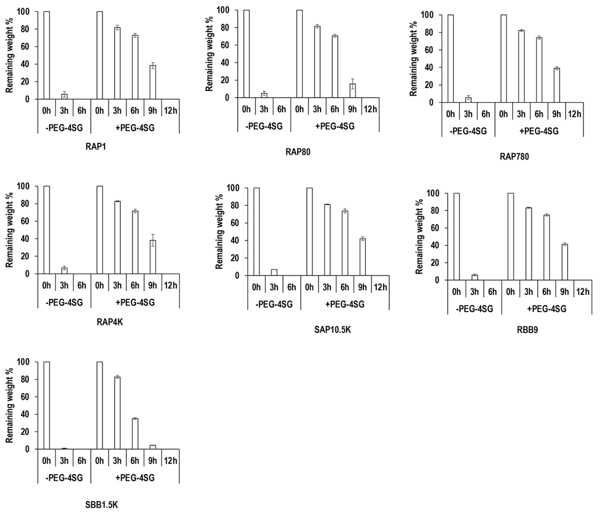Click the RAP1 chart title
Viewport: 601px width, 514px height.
pyautogui.click(x=96, y=147)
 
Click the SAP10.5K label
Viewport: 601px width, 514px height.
pyautogui.click(x=333, y=330)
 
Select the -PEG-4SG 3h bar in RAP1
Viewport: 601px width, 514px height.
pyautogui.click(x=64, y=97)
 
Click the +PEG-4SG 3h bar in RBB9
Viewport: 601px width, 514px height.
pyautogui.click(x=529, y=244)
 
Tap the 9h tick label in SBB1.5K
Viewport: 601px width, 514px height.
pyautogui.click(x=153, y=461)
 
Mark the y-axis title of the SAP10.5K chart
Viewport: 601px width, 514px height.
pyautogui.click(x=220, y=232)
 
